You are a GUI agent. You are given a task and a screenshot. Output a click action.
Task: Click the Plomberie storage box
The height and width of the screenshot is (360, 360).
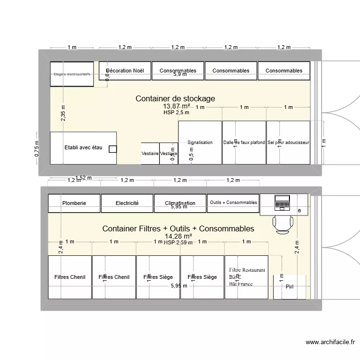[74, 203]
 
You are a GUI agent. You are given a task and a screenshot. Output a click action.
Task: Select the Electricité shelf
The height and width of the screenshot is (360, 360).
[127, 203]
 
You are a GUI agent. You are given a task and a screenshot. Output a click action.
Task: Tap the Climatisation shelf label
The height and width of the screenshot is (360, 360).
[180, 203]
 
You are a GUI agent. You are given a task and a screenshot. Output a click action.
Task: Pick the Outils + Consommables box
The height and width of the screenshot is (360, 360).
[233, 203]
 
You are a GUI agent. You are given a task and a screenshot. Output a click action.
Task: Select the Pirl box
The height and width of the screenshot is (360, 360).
[289, 287]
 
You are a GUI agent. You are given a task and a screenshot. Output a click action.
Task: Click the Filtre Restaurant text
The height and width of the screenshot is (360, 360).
[247, 270]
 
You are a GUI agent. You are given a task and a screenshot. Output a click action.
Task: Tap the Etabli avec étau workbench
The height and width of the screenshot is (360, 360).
[83, 147]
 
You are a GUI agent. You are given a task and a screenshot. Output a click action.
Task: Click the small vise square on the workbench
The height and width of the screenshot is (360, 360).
[112, 149]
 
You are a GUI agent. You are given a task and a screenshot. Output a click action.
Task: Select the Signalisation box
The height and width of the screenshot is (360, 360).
[200, 143]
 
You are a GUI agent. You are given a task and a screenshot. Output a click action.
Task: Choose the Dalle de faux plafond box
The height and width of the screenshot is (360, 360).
[244, 143]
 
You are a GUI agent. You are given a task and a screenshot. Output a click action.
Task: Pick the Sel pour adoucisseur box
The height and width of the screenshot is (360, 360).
[288, 143]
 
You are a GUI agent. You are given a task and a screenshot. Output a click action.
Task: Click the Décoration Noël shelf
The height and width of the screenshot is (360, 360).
[125, 71]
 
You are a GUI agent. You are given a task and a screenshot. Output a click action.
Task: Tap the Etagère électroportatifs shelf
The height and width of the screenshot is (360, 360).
[72, 74]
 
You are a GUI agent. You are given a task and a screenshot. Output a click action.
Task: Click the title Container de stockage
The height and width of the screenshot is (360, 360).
[175, 98]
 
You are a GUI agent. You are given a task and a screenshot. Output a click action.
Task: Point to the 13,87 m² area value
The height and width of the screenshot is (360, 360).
[177, 106]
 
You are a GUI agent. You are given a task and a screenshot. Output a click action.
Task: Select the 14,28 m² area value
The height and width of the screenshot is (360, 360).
[178, 236]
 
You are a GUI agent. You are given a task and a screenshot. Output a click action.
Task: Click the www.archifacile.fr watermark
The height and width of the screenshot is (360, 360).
[330, 342]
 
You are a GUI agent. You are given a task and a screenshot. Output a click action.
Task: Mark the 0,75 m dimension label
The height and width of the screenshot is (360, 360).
[36, 148]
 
